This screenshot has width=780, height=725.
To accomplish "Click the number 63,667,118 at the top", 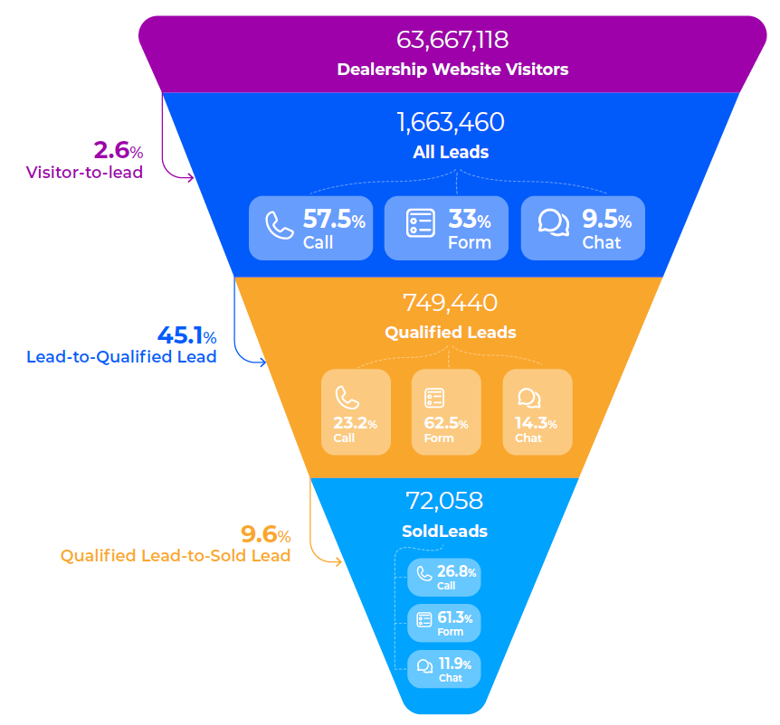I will tap(452, 41).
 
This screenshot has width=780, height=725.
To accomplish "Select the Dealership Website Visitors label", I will tap(452, 69).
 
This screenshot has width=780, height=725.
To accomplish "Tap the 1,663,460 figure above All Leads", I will tap(451, 123).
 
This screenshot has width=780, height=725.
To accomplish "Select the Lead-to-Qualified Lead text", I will tap(121, 357).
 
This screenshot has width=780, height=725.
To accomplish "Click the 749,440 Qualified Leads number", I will tap(451, 304).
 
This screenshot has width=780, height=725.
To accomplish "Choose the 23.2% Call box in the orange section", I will tap(356, 411).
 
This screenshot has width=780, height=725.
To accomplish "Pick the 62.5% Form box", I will tap(446, 411).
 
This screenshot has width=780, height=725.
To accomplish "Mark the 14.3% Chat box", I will tap(537, 411).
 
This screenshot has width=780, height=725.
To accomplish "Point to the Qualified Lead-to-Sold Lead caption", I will tap(176, 556).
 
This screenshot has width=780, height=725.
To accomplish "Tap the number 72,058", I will tap(444, 501).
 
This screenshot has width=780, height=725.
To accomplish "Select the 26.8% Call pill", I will tap(444, 577).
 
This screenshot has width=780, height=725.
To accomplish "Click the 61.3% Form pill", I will tap(444, 623).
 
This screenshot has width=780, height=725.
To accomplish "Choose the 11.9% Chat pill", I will tap(444, 670).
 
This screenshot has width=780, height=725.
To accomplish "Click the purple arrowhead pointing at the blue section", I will tap(191, 177).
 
